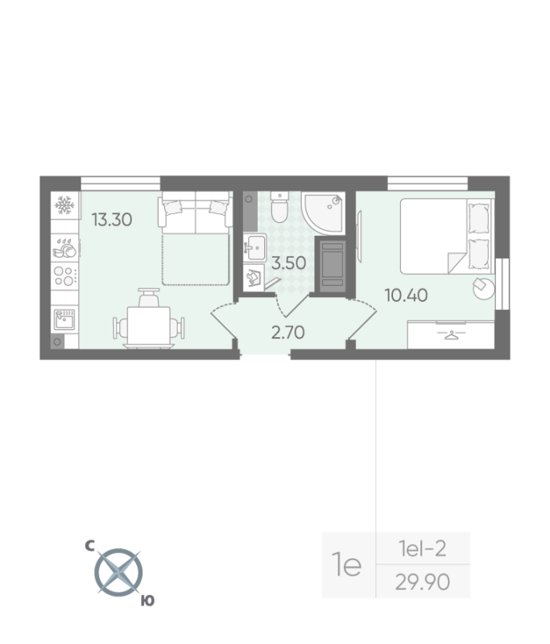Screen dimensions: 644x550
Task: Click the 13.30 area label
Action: coord(111,218)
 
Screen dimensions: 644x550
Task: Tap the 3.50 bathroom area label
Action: coord(287,262)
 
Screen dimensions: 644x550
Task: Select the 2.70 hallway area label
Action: coord(287,332)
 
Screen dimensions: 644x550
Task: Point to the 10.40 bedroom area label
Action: coord(406,295)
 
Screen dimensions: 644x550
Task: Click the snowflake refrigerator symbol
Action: coord(64,206)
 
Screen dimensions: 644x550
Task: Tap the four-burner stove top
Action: coord(64,276)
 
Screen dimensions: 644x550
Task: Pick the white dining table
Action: coord(150,327)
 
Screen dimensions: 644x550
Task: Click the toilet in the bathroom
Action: coord(279,208)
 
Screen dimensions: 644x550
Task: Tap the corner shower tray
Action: coord(325,211)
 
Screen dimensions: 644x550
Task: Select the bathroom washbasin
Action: coord(256,246)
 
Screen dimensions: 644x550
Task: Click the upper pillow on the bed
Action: coord(479,216)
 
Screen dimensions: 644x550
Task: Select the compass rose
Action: coord(118,572)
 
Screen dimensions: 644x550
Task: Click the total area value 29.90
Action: coord(423,581)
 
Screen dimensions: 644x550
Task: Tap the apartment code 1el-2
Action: coord(423,550)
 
